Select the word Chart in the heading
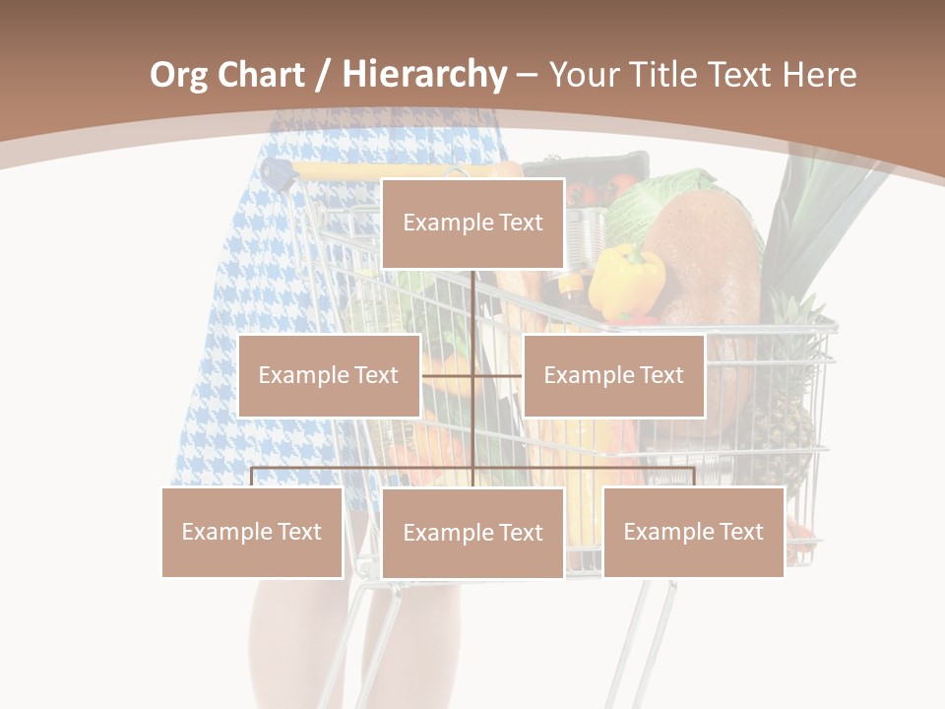[x=259, y=75]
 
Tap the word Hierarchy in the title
[x=423, y=75]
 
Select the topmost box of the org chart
[x=472, y=224]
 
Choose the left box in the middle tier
[x=329, y=375]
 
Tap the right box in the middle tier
[x=613, y=375]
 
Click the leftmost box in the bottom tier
[x=252, y=532]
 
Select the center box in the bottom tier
[x=472, y=533]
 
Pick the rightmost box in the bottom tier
[x=693, y=532]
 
